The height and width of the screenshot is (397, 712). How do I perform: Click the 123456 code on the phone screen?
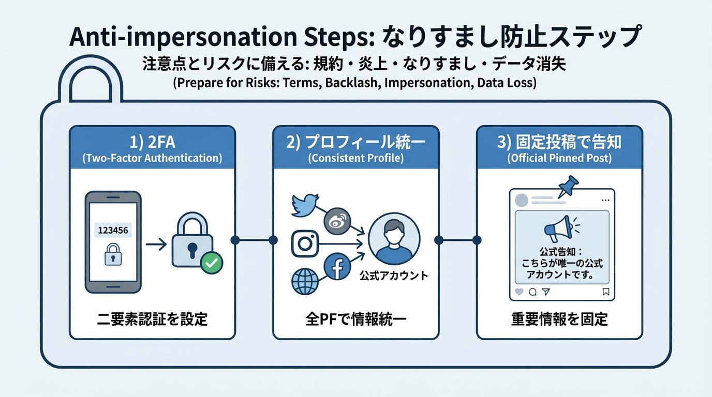[x=113, y=230]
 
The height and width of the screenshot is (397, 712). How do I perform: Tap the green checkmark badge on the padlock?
[x=211, y=263]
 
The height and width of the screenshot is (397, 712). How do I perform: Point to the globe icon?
[x=304, y=282]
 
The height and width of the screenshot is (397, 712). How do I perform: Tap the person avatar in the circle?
[x=394, y=239]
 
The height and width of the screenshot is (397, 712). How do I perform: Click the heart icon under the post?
[x=520, y=292]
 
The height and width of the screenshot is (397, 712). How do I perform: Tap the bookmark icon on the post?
[x=606, y=292]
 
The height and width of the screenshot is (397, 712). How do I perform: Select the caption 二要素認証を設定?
[x=152, y=319]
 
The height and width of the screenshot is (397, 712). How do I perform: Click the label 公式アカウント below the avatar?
[x=394, y=276]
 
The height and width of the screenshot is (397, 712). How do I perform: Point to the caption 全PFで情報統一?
[x=355, y=319]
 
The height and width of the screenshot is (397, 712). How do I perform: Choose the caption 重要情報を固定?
[x=559, y=319]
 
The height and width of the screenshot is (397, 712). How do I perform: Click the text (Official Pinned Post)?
[x=559, y=158]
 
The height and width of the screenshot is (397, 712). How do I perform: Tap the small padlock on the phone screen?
[x=113, y=255]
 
